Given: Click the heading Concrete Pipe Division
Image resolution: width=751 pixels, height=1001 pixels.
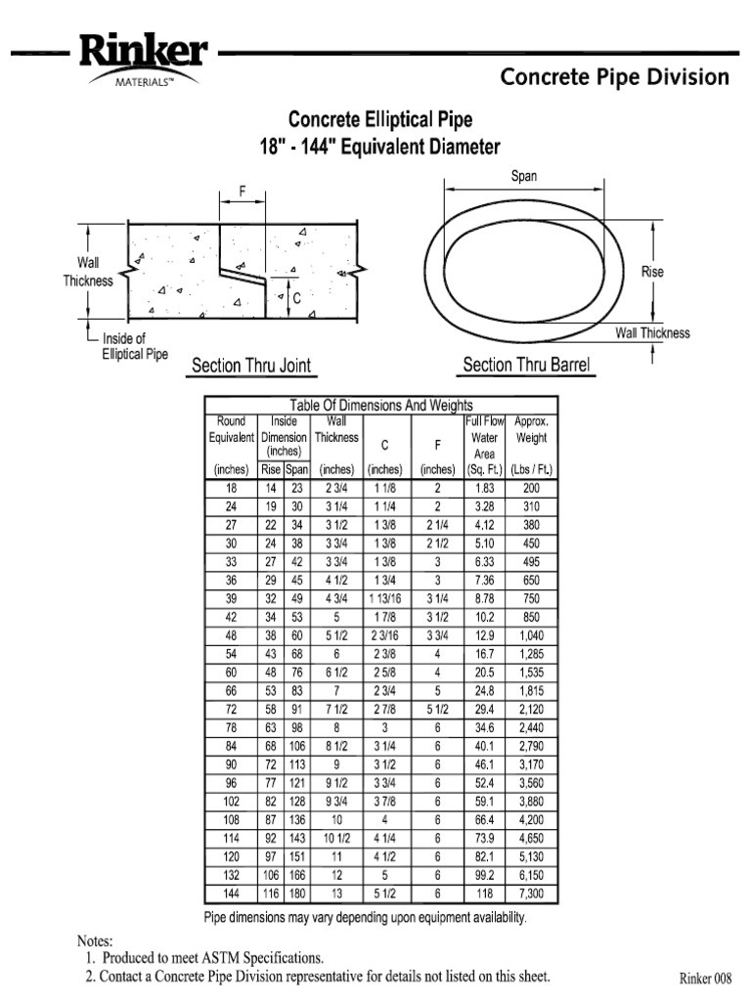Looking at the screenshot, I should click(x=614, y=77).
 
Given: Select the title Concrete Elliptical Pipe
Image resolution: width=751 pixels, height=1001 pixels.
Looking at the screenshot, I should click(x=379, y=120).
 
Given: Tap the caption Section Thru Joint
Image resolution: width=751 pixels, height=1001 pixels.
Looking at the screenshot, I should click(x=251, y=366).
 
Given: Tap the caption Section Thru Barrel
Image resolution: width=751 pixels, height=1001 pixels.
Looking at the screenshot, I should click(x=526, y=365).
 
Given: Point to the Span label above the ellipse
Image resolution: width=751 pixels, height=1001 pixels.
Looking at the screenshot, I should click(x=524, y=176).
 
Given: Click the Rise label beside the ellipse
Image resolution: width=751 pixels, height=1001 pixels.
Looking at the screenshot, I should click(x=652, y=272).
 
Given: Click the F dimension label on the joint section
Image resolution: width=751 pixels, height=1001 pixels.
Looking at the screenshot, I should click(x=243, y=191).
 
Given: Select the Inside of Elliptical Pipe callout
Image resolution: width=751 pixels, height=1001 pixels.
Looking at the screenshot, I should click(x=136, y=346).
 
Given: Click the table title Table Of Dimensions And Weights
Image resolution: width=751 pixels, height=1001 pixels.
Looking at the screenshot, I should click(x=380, y=405).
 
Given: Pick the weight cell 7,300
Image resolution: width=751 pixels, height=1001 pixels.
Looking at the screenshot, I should click(x=531, y=893).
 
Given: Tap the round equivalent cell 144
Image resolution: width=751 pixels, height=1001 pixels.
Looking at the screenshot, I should click(x=232, y=893).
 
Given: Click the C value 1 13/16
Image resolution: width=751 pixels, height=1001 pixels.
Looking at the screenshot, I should click(x=384, y=598).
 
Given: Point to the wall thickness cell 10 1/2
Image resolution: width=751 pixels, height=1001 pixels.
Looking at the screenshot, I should click(x=336, y=838).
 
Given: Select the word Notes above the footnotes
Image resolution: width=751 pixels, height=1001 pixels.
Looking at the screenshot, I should click(x=95, y=939).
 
